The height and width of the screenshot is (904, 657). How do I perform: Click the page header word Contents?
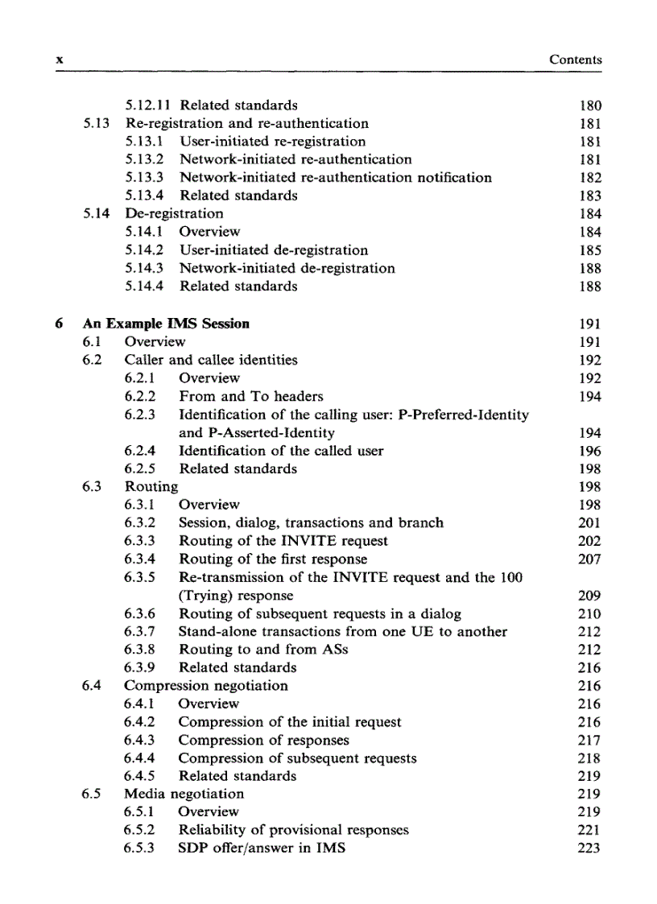(575, 60)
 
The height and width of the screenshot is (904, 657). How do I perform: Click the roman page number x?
(59, 60)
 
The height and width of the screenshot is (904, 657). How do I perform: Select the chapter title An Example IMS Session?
(166, 324)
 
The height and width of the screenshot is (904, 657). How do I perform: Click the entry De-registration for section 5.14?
(174, 213)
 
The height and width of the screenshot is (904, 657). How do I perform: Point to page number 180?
(589, 105)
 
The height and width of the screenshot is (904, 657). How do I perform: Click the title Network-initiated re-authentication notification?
(335, 177)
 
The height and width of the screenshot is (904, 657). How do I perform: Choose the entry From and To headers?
(250, 396)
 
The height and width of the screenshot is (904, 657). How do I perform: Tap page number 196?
(589, 451)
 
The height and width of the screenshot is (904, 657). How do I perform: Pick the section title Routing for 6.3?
(151, 486)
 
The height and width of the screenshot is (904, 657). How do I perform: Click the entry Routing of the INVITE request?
(283, 541)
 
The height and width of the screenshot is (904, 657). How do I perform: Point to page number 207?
(589, 559)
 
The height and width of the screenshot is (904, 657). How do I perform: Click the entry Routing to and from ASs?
(263, 650)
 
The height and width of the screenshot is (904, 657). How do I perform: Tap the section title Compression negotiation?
(205, 686)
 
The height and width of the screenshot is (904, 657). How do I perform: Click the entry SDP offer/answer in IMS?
(262, 848)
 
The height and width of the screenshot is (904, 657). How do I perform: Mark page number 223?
(589, 848)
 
